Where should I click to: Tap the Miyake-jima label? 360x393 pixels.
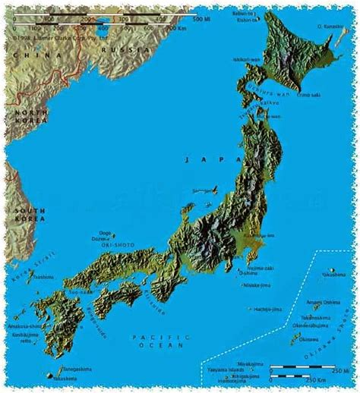click(x=257, y=285)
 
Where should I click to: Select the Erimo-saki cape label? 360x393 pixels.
click(x=289, y=96)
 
